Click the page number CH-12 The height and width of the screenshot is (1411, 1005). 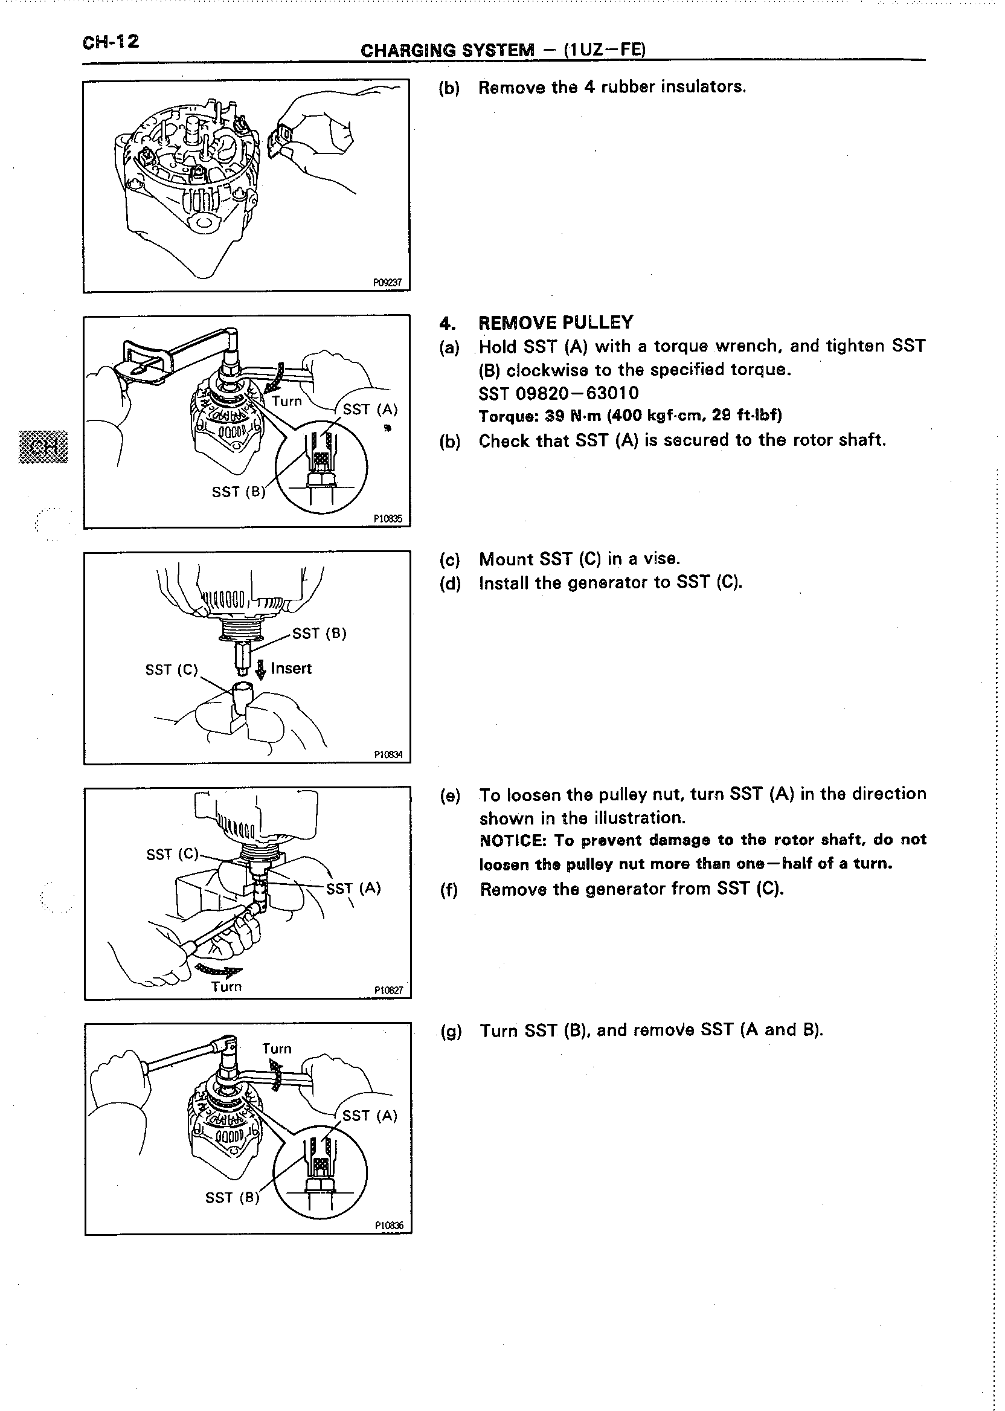(111, 43)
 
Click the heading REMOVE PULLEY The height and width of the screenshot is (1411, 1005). (556, 323)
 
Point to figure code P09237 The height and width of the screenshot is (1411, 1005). (387, 283)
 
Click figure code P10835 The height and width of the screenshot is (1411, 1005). (388, 519)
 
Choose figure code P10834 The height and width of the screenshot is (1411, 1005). (388, 755)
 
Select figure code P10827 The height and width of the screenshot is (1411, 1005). (388, 991)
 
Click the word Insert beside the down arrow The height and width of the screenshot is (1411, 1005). (291, 669)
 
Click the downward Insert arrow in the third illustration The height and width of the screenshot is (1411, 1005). (261, 670)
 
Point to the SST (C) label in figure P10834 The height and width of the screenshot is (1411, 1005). (172, 670)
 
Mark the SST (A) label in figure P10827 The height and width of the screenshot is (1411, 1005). (353, 889)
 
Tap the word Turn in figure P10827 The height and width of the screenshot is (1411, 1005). (226, 987)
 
